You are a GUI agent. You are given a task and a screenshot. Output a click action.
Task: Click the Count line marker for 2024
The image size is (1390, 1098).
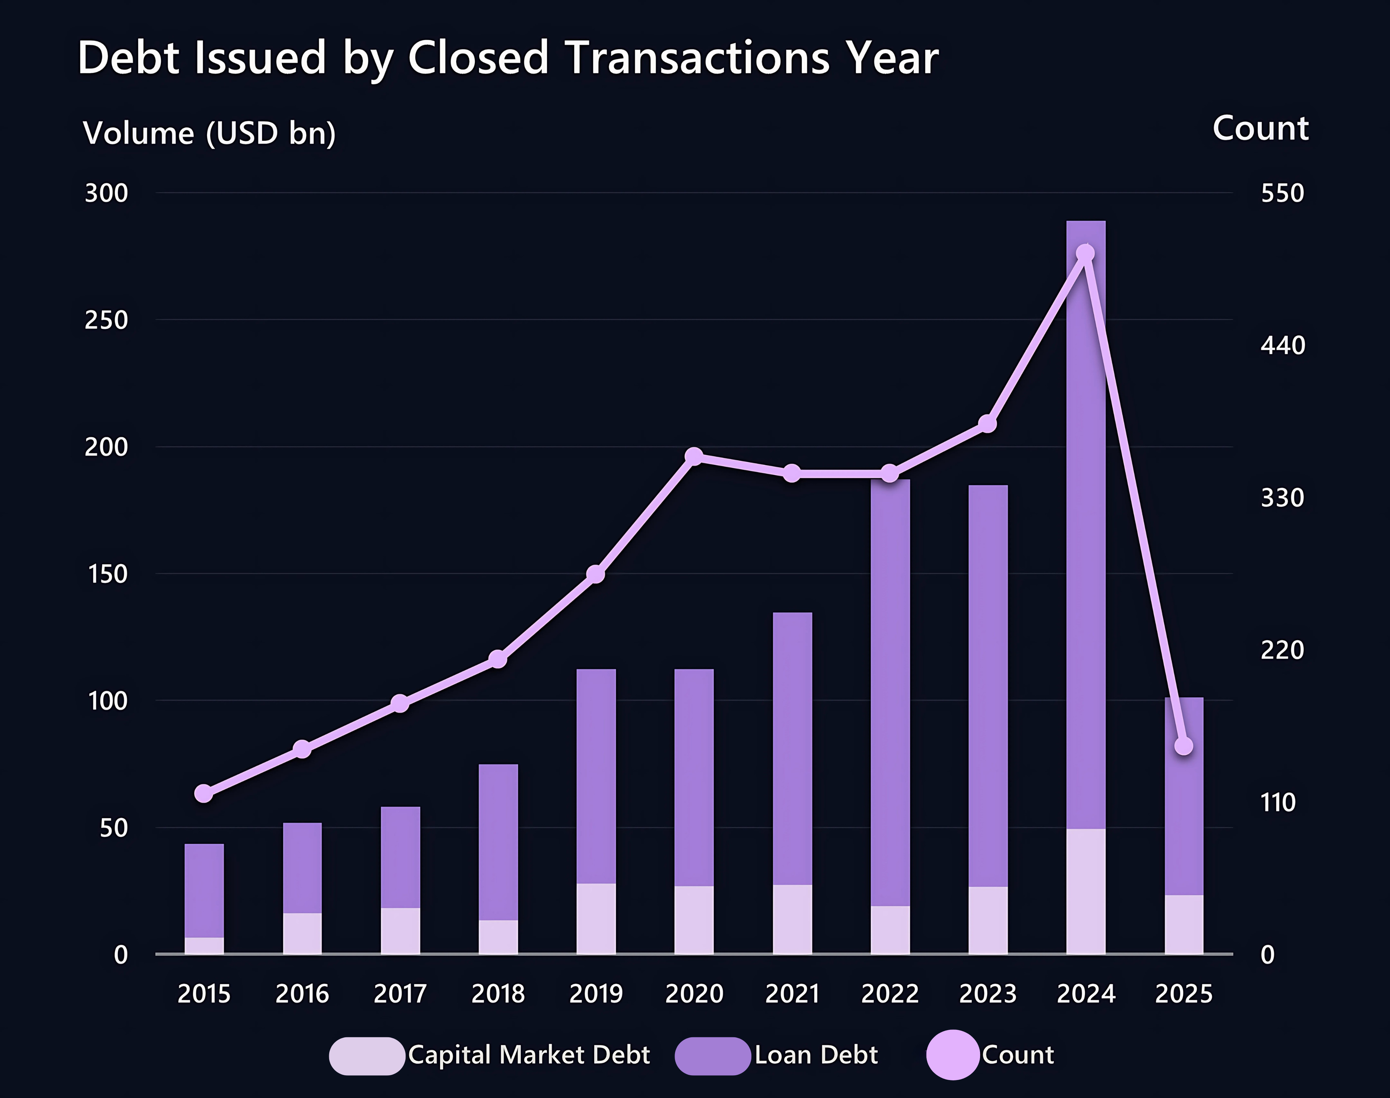coord(1085,253)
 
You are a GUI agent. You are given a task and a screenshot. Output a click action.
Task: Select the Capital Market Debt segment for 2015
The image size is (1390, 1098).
coord(204,946)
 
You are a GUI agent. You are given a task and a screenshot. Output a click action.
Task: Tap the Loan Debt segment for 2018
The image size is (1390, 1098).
coord(498,842)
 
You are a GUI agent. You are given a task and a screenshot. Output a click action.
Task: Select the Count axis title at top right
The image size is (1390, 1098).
coord(1260,129)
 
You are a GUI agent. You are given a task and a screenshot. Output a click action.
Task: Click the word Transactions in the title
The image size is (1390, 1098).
coord(698,58)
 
